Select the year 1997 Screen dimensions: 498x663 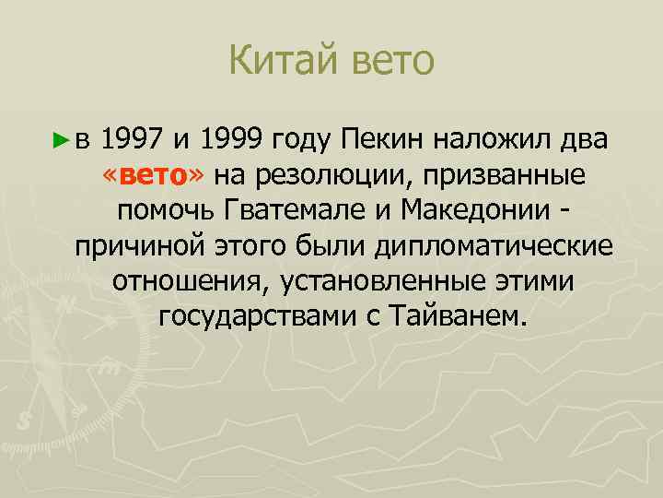point(133,140)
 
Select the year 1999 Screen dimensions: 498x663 point(230,140)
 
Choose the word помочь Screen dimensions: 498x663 point(167,210)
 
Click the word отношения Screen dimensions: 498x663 point(186,280)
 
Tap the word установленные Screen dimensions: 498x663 point(380,280)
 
